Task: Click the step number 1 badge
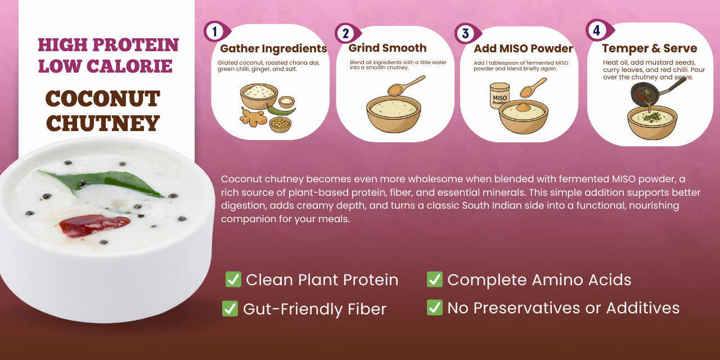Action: click(x=216, y=31)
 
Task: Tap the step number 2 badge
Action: click(x=347, y=33)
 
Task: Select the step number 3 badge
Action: click(x=467, y=33)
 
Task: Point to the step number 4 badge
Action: click(x=599, y=30)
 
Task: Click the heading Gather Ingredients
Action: click(x=273, y=48)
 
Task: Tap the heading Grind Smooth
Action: click(x=388, y=48)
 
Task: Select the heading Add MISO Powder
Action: click(x=523, y=48)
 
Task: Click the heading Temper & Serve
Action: click(x=649, y=48)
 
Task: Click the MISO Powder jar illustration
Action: click(x=499, y=96)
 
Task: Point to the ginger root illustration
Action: click(x=253, y=117)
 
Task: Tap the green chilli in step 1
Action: click(x=282, y=111)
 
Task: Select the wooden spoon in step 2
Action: click(x=406, y=86)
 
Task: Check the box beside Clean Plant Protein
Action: click(x=233, y=279)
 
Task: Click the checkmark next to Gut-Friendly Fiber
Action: click(x=230, y=309)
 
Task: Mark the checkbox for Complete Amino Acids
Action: click(x=435, y=279)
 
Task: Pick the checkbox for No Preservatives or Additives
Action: click(x=435, y=307)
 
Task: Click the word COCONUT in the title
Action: click(x=103, y=98)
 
